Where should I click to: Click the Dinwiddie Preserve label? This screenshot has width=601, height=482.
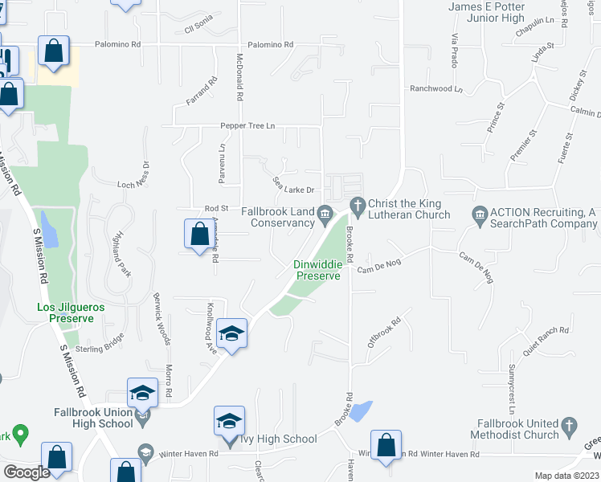[317, 269]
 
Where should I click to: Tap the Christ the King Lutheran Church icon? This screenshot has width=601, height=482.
[357, 204]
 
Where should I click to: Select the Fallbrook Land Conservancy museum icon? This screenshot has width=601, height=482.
[325, 213]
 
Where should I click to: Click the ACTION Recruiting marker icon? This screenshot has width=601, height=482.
[480, 213]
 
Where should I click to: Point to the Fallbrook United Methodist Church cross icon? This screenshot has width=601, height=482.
[568, 423]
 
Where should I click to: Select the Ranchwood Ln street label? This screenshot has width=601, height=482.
[437, 89]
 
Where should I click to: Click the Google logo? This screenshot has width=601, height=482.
[27, 472]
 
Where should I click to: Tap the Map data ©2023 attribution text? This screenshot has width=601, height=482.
[567, 476]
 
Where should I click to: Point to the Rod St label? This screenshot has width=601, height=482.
[217, 208]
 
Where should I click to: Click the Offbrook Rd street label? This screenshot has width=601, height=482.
[384, 333]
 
